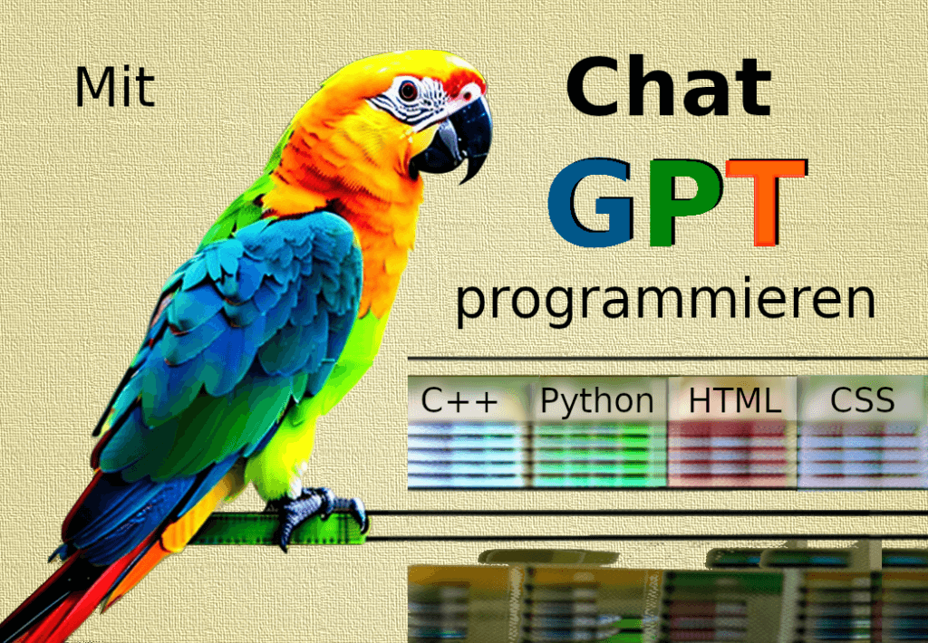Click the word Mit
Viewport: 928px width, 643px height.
(x=115, y=88)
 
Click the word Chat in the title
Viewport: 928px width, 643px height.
(x=668, y=87)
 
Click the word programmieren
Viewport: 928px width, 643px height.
(x=665, y=302)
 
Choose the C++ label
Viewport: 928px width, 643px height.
(x=460, y=400)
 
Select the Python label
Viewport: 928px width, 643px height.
(x=596, y=400)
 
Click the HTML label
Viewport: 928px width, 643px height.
(x=734, y=400)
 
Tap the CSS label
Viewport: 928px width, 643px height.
(x=862, y=399)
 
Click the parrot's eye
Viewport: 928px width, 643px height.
(x=409, y=90)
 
